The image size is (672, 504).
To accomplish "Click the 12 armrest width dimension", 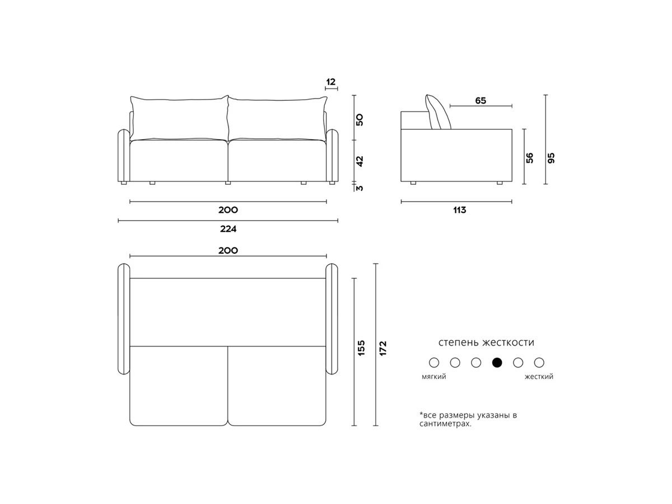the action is [x=330, y=82].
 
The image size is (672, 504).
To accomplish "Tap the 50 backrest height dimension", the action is [x=360, y=120].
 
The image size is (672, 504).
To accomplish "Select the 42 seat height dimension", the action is [x=360, y=161].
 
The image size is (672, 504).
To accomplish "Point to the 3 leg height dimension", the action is [x=360, y=188].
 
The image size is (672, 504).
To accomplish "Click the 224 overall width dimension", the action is [x=228, y=228].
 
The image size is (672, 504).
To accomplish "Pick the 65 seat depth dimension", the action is [x=480, y=100].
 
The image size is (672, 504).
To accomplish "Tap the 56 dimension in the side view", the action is [x=529, y=158].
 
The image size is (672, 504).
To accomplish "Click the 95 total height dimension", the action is [x=551, y=158].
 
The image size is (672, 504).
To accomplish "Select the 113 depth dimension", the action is [x=460, y=210].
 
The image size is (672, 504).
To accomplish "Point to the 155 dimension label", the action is [x=361, y=348].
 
